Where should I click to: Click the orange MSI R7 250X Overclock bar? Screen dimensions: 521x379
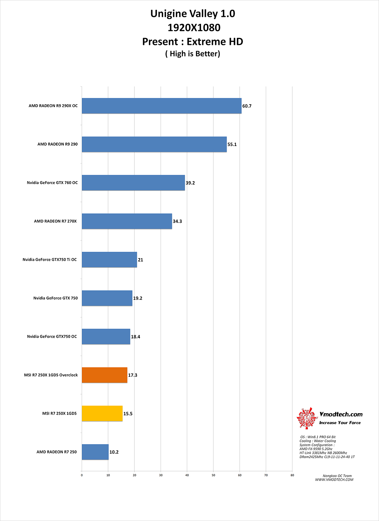pos(105,375)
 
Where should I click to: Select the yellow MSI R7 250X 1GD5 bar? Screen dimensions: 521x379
pos(102,414)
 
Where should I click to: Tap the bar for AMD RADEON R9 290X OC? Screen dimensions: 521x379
pos(161,106)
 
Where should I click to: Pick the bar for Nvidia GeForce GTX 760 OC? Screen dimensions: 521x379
pos(133,183)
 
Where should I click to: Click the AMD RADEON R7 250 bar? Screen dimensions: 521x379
pos(95,452)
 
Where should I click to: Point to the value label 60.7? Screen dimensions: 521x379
pos(247,106)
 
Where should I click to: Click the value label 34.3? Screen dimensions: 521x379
pos(177,221)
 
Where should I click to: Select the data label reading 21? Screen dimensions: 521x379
pos(140,260)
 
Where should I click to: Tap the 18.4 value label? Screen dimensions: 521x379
pos(135,337)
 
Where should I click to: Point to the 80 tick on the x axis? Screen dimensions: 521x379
pos(292,475)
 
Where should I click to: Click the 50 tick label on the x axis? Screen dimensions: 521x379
pos(213,475)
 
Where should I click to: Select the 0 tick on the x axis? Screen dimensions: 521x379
pos(82,475)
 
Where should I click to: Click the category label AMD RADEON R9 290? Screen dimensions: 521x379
pos(58,144)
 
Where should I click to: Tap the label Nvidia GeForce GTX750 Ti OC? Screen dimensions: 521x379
pos(49,259)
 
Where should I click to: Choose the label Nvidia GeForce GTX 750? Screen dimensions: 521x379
pos(55,298)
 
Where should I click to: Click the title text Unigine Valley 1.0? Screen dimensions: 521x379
pos(193,14)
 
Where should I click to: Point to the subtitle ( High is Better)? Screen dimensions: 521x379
pos(193,54)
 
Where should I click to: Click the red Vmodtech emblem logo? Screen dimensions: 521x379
pos(307,418)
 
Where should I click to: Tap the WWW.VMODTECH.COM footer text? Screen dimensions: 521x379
pos(334,480)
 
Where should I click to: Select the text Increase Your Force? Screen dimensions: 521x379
pos(340,423)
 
